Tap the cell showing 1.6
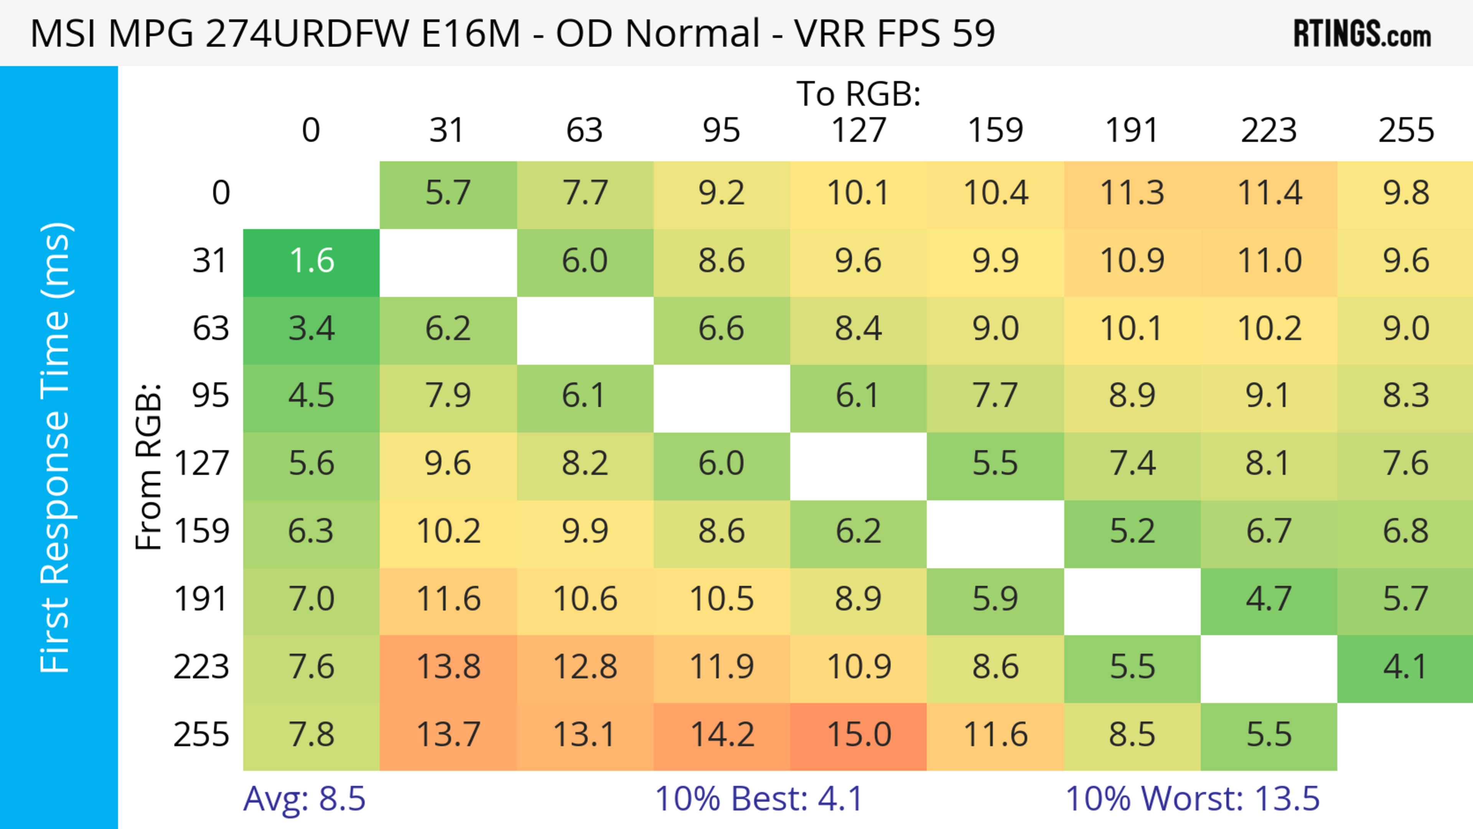point(311,261)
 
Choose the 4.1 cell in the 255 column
point(1405,667)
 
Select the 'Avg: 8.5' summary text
point(304,799)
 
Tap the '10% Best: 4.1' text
point(758,799)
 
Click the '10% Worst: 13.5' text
point(1192,799)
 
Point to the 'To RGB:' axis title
point(858,94)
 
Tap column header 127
point(858,131)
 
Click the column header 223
point(1269,131)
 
